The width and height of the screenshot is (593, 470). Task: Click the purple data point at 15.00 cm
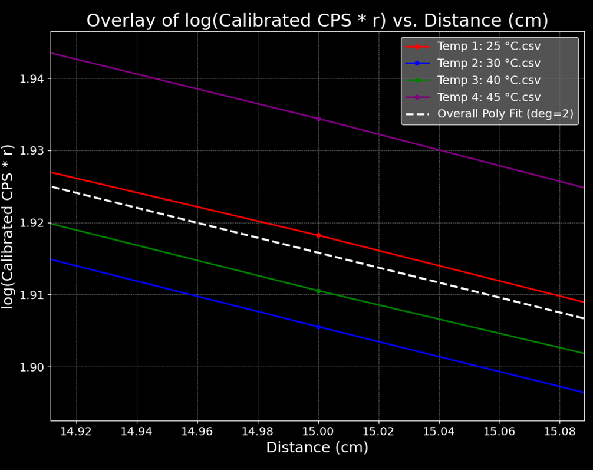pos(318,119)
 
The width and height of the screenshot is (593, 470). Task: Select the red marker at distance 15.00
pos(318,235)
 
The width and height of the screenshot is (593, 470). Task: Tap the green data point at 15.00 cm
pos(318,291)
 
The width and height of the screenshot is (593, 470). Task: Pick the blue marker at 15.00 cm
pos(318,327)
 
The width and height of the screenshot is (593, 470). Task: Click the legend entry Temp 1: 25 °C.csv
pos(489,47)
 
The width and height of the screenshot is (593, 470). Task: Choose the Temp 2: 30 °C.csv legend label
pos(489,63)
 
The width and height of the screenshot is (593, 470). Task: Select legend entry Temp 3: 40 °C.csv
pos(489,80)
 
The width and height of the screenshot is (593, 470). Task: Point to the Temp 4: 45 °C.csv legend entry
pos(489,97)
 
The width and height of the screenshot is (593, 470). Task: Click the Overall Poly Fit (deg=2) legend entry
pos(505,114)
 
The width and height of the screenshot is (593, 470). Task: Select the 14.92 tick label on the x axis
pos(76,431)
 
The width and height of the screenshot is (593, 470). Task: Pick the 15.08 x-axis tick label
pos(560,431)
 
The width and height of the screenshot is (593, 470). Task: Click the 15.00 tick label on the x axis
pos(318,431)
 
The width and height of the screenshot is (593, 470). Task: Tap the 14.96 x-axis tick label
pos(197,431)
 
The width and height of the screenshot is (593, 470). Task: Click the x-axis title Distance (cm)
pos(317,448)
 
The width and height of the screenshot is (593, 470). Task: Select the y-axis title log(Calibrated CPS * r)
pos(8,226)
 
